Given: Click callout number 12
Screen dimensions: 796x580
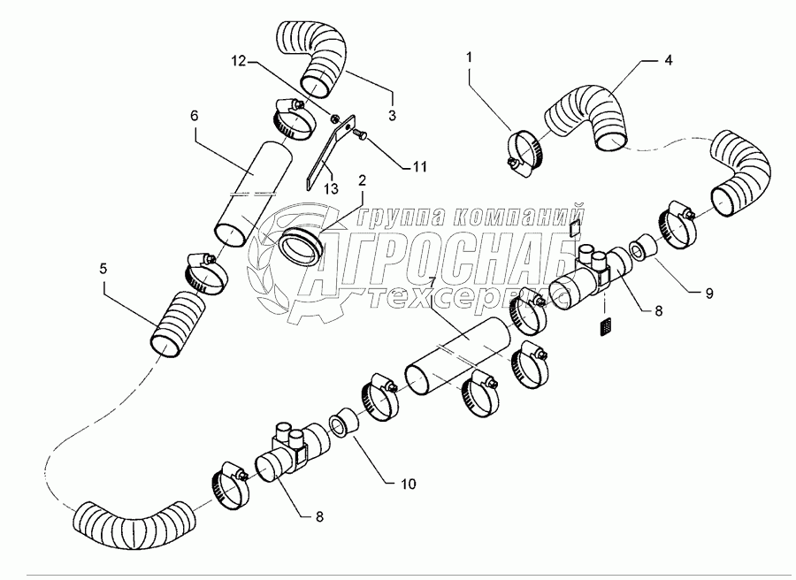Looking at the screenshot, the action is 239,61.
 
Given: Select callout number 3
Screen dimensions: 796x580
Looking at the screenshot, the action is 392,115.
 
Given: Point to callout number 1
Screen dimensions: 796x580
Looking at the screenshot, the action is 469,57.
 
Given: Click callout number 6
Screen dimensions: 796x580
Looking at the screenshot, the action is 195,116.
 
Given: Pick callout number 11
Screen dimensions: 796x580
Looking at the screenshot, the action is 419,166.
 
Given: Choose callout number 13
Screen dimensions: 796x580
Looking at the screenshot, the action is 331,189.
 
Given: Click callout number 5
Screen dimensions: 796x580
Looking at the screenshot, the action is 103,269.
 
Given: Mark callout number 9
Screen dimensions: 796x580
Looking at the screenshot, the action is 709,293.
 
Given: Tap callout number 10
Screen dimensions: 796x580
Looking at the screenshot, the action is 408,484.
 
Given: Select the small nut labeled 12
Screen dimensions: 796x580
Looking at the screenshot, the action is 334,118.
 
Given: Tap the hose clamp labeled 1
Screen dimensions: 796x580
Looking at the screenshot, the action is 526,152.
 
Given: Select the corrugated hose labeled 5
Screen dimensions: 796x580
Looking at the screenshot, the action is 177,324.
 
